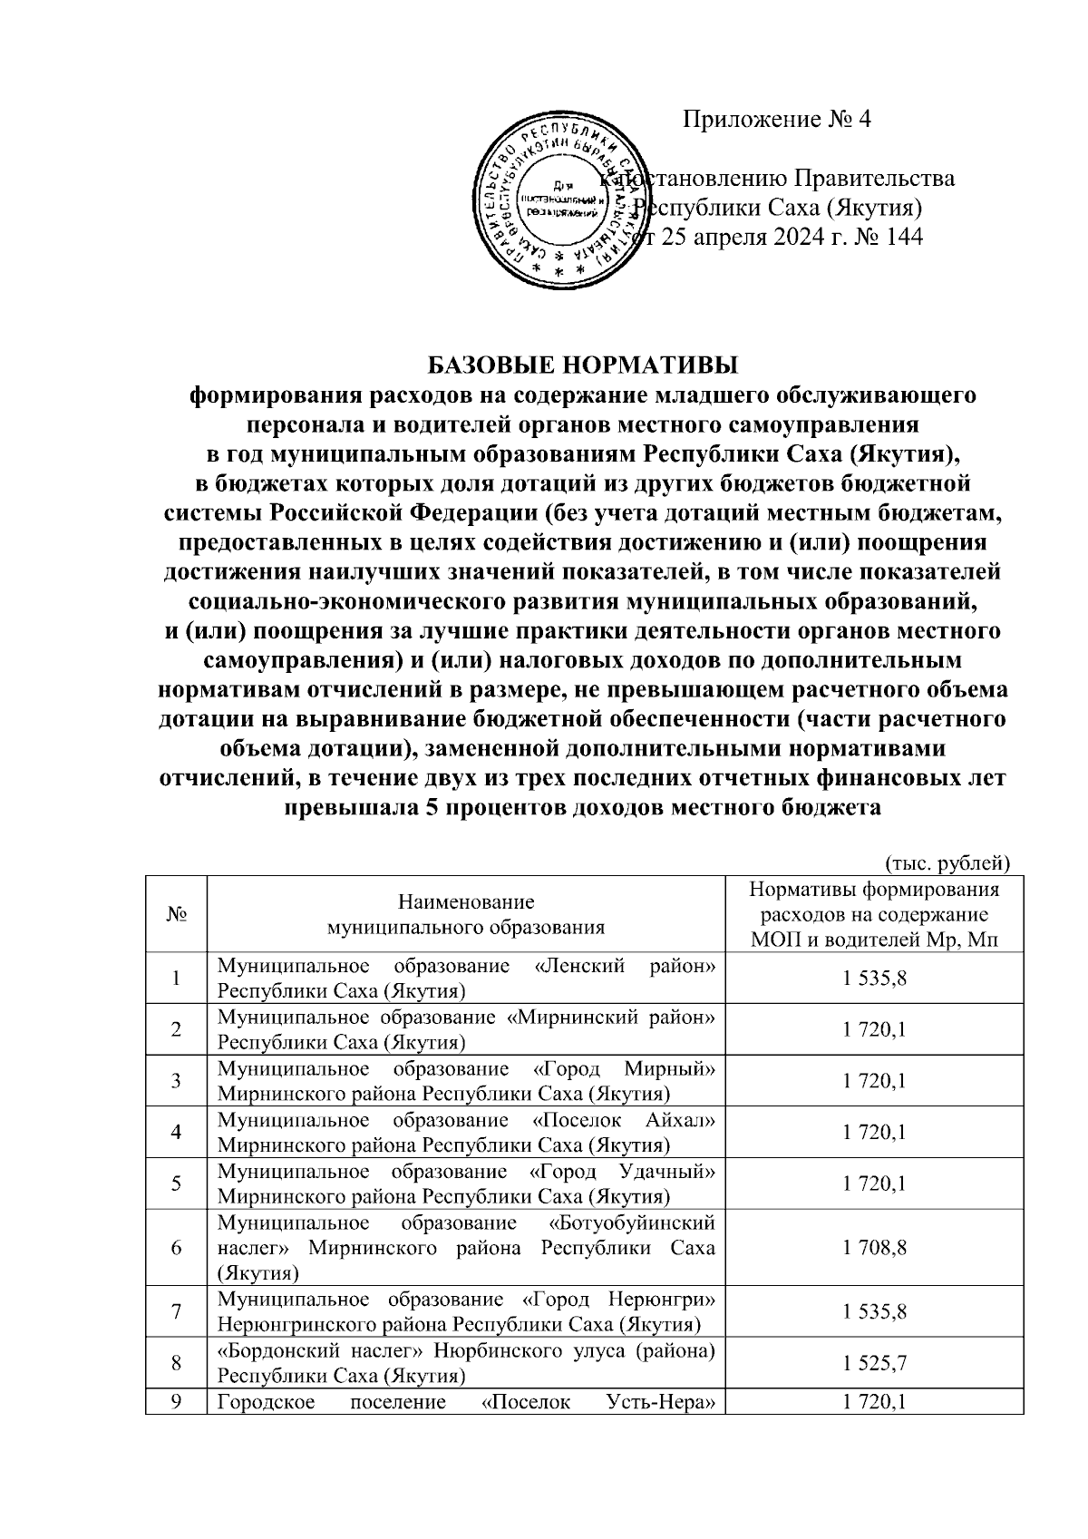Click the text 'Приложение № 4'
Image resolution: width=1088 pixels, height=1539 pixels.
coord(776,119)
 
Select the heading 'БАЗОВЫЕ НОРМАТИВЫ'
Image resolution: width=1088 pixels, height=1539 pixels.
coord(583,366)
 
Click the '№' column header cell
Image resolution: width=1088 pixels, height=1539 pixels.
coord(176,914)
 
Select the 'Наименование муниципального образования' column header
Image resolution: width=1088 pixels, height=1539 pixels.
coord(466,914)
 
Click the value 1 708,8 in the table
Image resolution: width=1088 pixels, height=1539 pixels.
coord(875,1248)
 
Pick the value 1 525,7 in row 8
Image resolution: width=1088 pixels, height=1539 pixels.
coord(875,1363)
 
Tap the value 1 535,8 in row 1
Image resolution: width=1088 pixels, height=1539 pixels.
coord(875,979)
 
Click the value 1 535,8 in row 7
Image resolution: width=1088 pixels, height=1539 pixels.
coord(875,1312)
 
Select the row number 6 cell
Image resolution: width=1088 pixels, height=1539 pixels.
coord(176,1248)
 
